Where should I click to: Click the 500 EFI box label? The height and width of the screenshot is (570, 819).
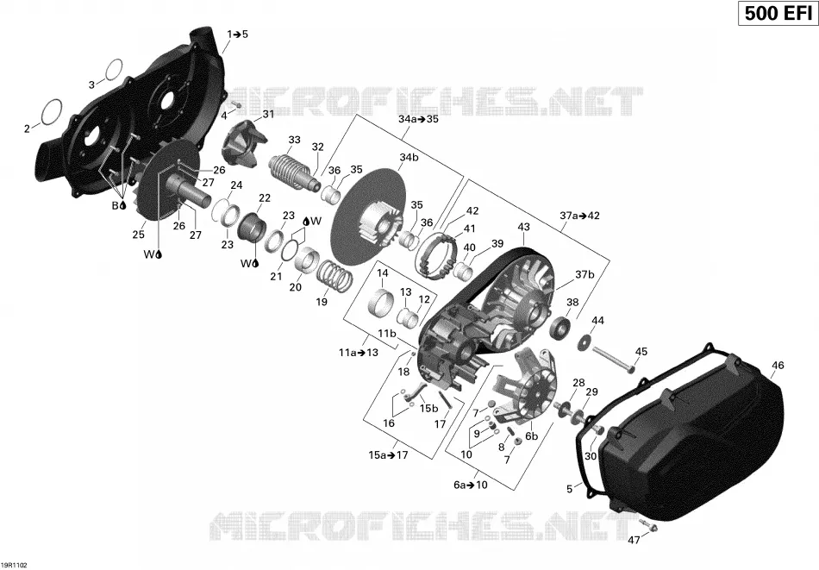point(778,13)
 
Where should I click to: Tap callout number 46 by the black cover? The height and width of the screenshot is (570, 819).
point(778,366)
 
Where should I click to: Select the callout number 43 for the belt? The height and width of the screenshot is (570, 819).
point(523,227)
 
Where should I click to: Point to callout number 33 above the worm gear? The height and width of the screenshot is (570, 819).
point(295,140)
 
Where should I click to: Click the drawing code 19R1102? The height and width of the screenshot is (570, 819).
point(14,565)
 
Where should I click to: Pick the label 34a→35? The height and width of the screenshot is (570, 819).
point(418,119)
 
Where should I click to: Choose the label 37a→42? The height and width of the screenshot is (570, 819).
point(580,216)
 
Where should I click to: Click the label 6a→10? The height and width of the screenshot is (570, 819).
point(470,485)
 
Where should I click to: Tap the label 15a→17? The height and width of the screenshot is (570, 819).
point(388,455)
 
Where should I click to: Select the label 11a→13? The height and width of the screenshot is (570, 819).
point(359,353)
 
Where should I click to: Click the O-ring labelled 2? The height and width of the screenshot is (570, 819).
point(51,112)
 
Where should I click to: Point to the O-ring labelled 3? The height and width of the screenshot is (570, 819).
point(114,70)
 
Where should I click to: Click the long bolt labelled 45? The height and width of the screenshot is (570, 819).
point(614,360)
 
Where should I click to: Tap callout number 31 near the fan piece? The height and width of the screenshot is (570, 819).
point(268,115)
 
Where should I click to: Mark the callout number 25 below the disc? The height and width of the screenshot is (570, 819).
point(139,235)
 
